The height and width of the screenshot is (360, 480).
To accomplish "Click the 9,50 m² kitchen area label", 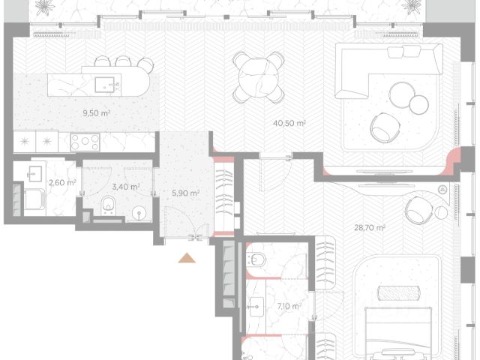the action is click(97, 113).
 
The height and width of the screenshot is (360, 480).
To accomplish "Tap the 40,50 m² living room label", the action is click(289, 123).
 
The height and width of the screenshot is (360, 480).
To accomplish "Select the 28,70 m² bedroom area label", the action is click(370, 228).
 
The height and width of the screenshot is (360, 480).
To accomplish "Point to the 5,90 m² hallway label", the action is click(185, 193).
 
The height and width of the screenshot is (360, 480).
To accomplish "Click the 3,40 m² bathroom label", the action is click(126, 187).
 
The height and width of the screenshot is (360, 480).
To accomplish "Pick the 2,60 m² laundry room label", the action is click(62, 182).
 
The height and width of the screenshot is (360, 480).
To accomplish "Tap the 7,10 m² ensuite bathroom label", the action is click(289, 306).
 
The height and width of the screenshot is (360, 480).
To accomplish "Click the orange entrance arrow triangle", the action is click(187, 258).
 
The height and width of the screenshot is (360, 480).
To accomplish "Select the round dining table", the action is click(259, 78).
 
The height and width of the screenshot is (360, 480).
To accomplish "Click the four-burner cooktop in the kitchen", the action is click(85, 142).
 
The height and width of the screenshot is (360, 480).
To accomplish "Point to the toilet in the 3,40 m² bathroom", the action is click(108, 205).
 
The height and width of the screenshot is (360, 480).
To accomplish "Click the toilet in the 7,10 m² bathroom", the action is click(256, 259).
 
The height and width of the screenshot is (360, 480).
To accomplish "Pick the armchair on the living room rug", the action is click(385, 127).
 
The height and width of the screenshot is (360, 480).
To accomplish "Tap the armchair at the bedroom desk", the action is click(420, 210).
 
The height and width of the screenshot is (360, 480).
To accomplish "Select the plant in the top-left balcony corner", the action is click(45, 7).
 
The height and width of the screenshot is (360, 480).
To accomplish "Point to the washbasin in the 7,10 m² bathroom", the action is click(256, 307).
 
